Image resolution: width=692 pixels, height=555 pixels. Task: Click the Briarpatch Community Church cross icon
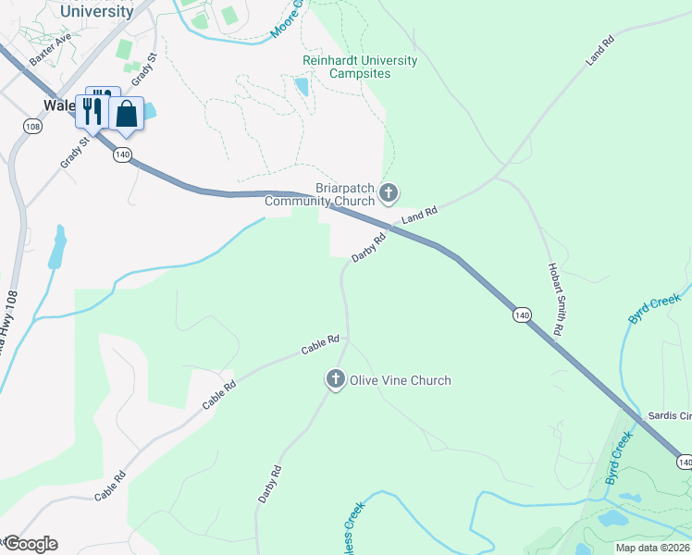coord(389,193)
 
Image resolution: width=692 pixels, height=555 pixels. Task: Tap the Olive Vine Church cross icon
coord(335,379)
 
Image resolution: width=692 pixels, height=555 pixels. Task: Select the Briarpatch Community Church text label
coord(320,192)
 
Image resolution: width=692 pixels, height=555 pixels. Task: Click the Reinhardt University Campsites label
coord(360,67)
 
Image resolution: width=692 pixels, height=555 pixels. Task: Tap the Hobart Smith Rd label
coord(556,298)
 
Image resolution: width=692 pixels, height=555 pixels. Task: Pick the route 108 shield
coord(33,126)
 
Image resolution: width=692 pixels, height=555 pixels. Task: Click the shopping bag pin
coord(127,115)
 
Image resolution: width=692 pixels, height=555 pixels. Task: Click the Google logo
coord(30,544)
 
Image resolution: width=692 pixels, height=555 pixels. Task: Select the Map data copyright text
coord(653,547)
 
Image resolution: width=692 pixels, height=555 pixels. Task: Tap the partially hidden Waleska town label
coord(58,105)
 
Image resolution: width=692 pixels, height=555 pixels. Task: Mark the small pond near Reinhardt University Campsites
coord(302,87)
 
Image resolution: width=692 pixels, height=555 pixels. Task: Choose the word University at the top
coord(96,12)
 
